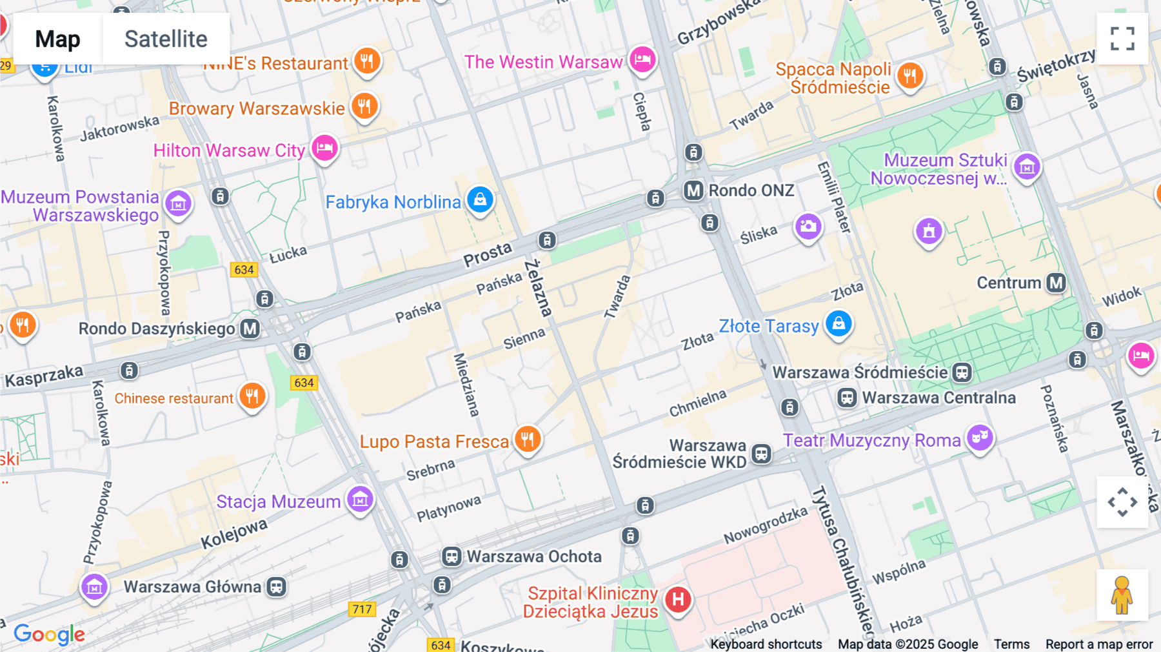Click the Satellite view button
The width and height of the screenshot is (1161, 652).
[166, 39]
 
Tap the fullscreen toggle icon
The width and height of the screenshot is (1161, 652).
[1122, 39]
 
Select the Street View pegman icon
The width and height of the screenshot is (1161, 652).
[1122, 595]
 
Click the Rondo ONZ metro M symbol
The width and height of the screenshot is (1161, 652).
[693, 190]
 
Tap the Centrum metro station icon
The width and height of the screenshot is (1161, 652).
[1056, 283]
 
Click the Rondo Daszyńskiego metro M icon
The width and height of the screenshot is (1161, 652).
[250, 329]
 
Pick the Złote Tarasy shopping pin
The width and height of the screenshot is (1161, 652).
[838, 323]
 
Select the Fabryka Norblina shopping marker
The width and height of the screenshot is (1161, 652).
[480, 199]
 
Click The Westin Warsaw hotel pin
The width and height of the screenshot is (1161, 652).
[642, 60]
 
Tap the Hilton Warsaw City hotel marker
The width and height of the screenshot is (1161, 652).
[324, 148]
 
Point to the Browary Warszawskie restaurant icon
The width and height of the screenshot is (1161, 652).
[364, 106]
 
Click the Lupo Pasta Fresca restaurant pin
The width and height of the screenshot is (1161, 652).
[528, 440]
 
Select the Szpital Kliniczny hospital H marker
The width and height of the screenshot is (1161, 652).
[678, 600]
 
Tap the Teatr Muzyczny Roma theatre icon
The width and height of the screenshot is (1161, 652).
[980, 438]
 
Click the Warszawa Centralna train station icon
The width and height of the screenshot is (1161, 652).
[847, 398]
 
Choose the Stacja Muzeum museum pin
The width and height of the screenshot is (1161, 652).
[360, 499]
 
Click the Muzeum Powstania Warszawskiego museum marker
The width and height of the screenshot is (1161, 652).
[178, 204]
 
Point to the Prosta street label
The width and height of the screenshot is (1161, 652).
[487, 254]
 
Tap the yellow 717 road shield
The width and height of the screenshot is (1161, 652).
[362, 609]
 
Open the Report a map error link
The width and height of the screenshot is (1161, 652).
[1098, 644]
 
